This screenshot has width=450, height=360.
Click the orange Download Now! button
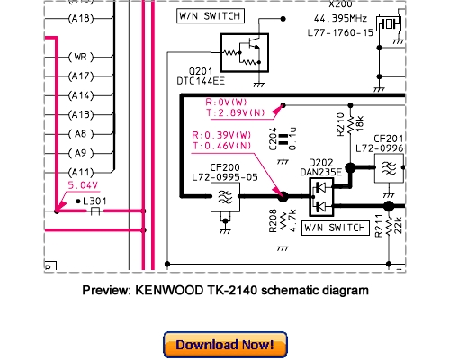224,345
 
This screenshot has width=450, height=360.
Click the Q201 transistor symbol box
245,55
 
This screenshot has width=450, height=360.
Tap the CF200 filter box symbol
221,200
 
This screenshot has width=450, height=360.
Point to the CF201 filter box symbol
390,168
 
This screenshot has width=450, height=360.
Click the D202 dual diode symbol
321,195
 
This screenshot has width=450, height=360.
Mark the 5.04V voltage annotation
84,185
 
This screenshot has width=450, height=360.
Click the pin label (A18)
82,17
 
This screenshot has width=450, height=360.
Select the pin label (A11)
82,172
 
